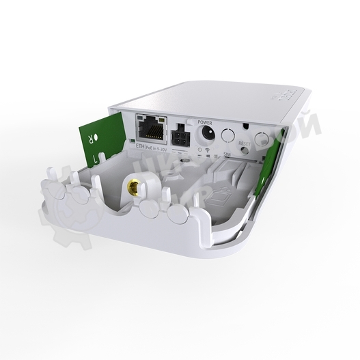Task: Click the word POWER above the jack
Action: coord(205,118)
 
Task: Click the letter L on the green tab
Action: coord(96,156)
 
